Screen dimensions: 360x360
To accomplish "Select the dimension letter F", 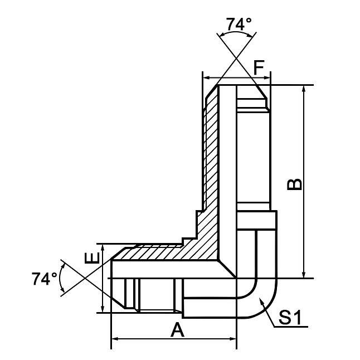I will [x=258, y=67].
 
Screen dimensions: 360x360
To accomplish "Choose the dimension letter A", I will [x=177, y=330].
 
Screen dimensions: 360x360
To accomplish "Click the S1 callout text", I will [x=290, y=318].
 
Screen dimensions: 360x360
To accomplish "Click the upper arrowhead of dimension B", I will [x=304, y=89].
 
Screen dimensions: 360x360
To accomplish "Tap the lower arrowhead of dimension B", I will [x=304, y=274].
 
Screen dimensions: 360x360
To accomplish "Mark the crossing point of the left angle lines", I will [x=84, y=278].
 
